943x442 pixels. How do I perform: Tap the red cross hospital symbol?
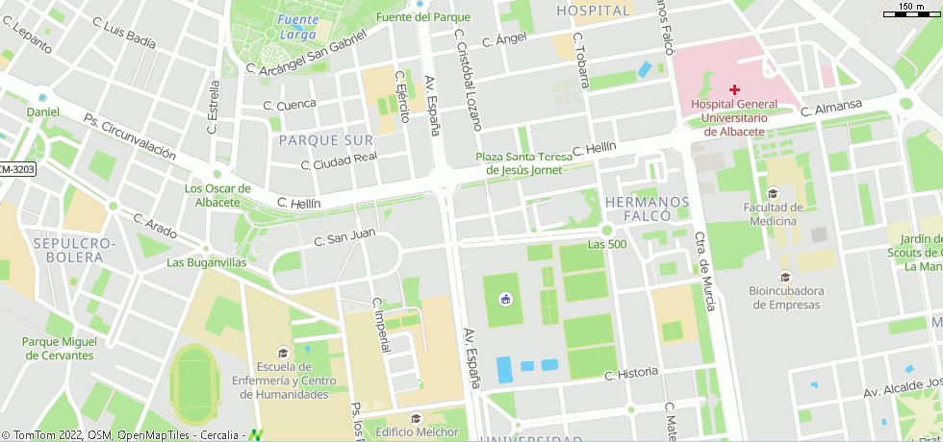pyautogui.click(x=734, y=88)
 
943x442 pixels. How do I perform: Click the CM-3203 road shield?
pyautogui.click(x=16, y=169)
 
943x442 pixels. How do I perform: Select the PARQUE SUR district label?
pyautogui.click(x=324, y=140)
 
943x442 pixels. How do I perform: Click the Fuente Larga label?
pyautogui.click(x=296, y=27)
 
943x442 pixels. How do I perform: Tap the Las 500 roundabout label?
pyautogui.click(x=606, y=244)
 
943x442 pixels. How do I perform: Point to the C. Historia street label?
pyautogui.click(x=630, y=373)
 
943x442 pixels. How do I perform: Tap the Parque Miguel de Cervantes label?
pyautogui.click(x=59, y=348)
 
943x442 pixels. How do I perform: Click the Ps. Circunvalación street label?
pyautogui.click(x=130, y=137)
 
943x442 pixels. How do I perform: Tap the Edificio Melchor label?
pyautogui.click(x=417, y=431)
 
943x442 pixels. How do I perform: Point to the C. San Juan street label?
pyautogui.click(x=337, y=236)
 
